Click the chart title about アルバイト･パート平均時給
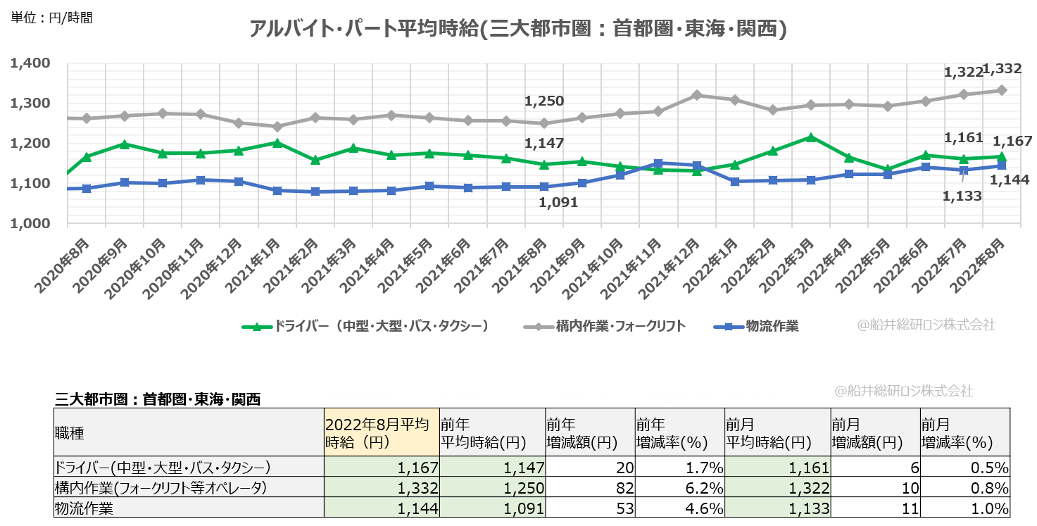click(517, 29)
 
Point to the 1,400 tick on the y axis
click(31, 63)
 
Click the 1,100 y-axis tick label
click(31, 184)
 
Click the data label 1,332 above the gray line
click(1002, 69)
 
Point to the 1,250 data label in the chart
click(544, 101)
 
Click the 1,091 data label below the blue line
click(558, 203)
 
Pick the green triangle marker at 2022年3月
click(811, 137)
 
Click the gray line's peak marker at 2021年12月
click(696, 95)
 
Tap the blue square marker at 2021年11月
click(658, 163)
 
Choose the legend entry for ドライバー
click(373, 326)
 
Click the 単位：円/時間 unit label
click(51, 18)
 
